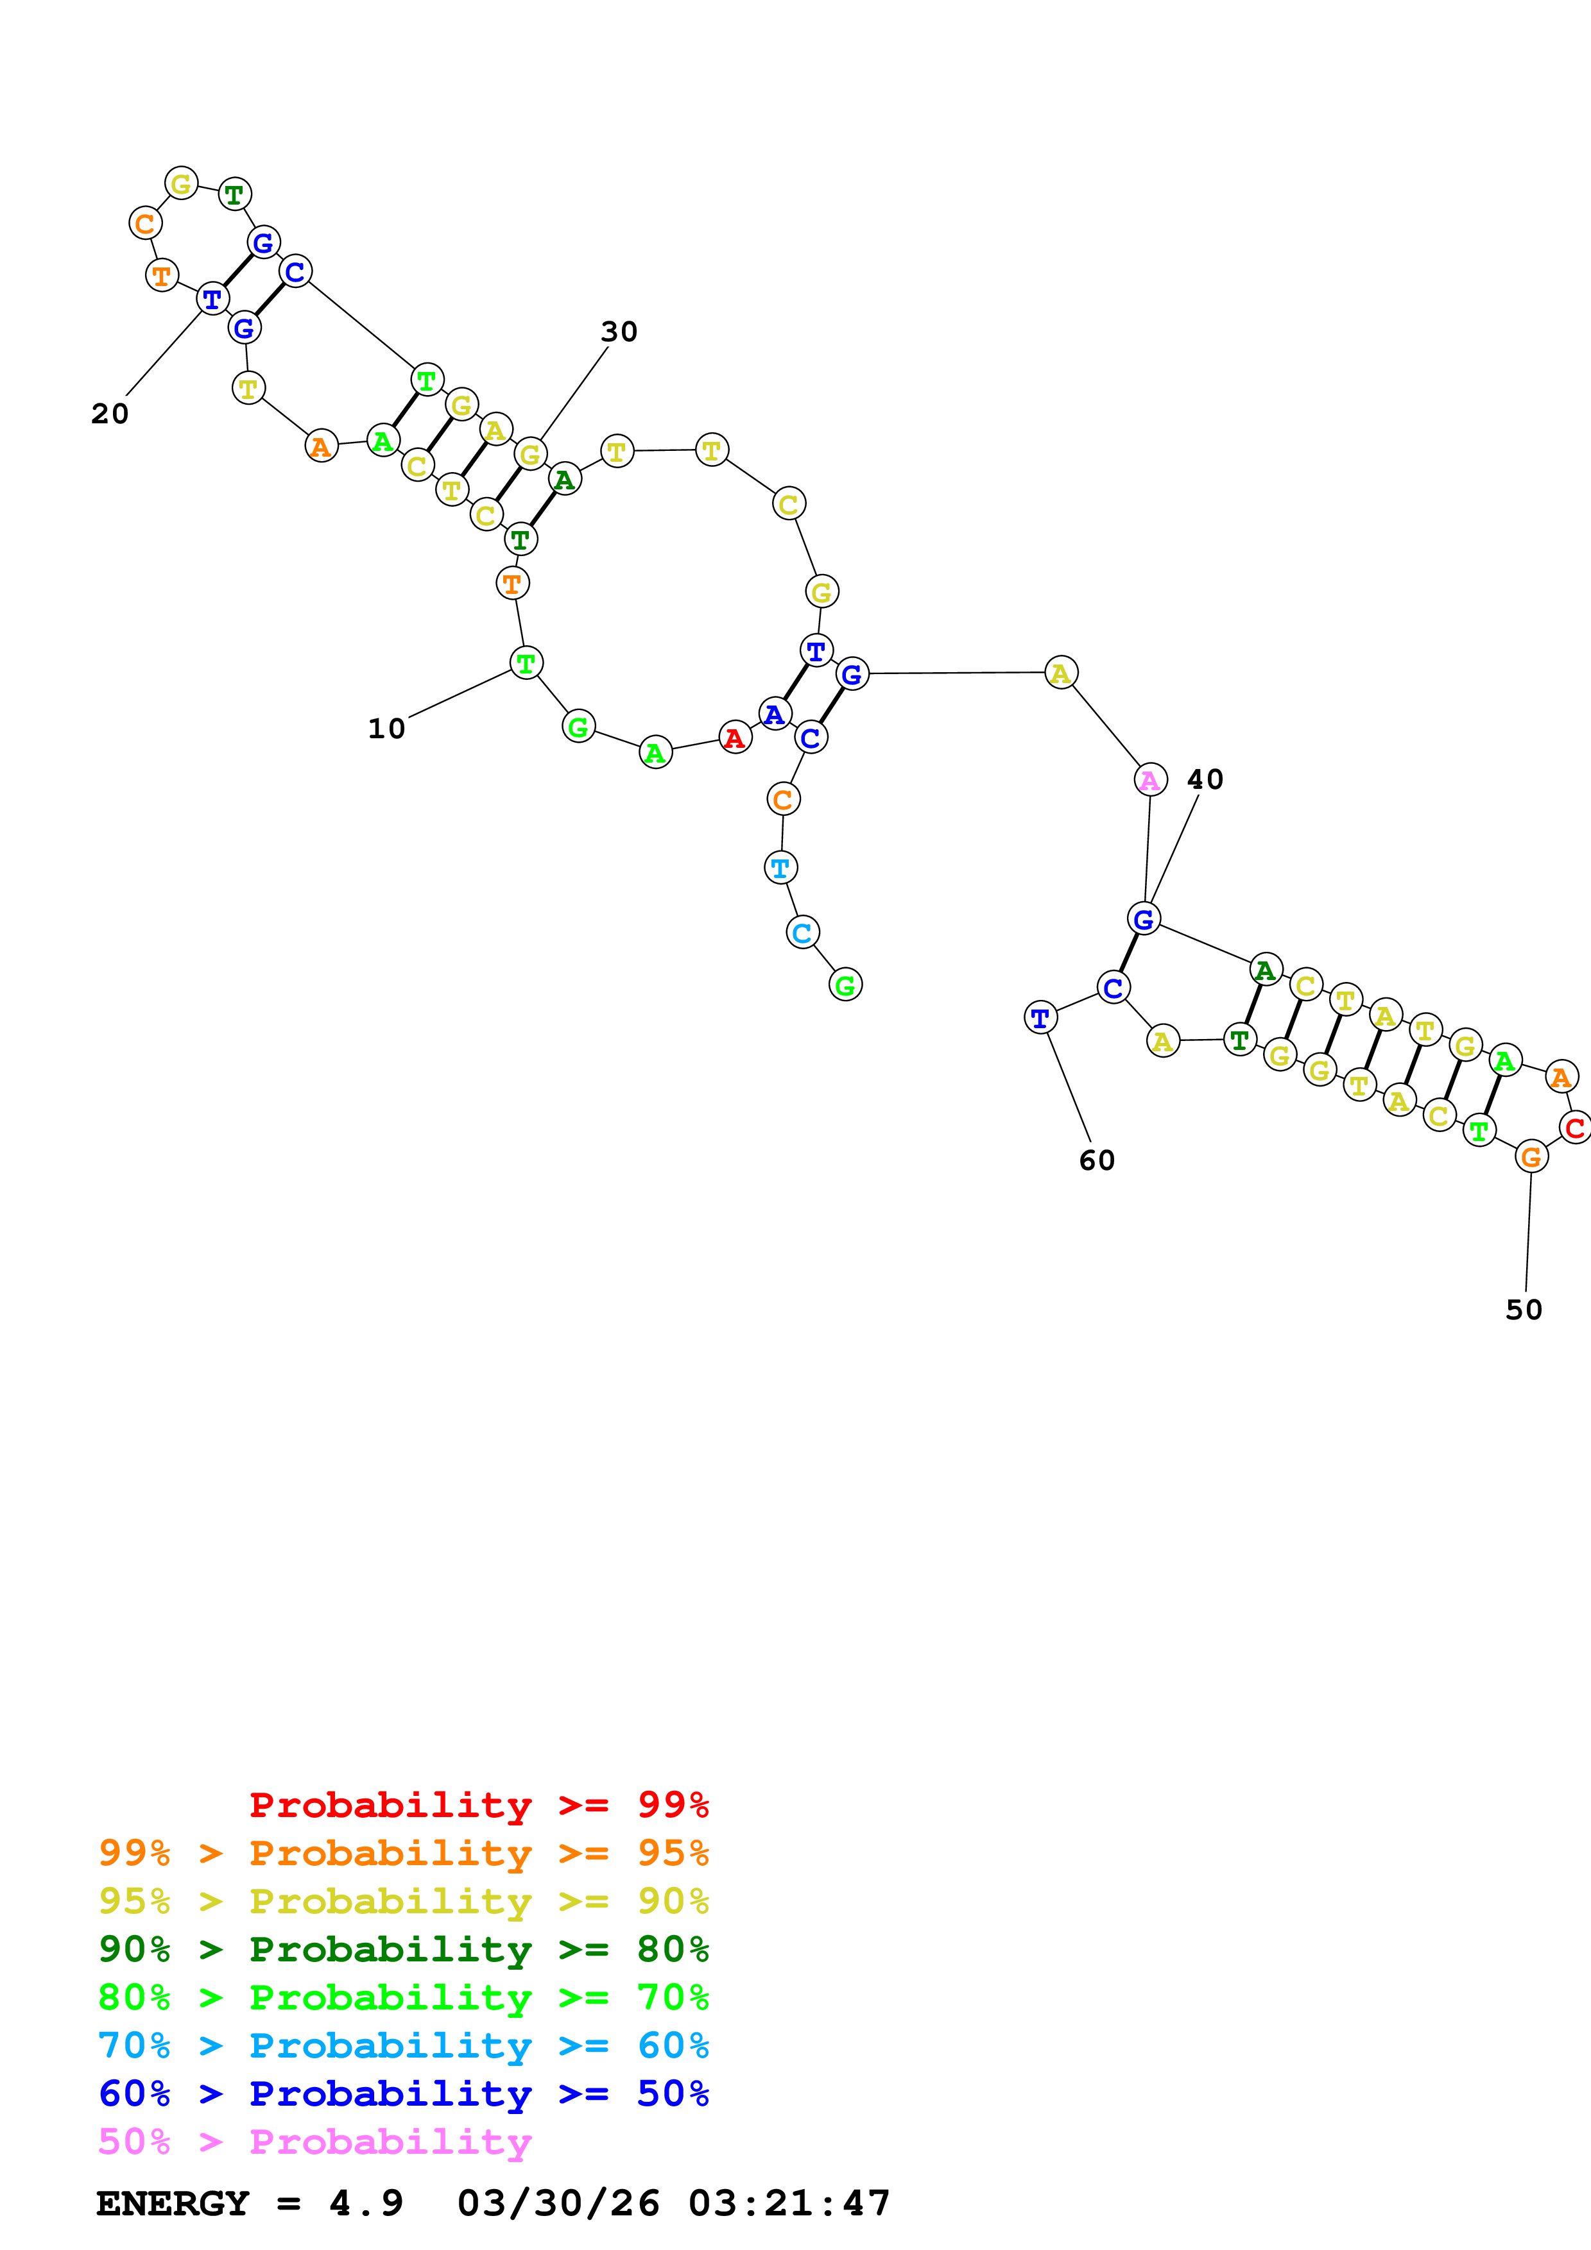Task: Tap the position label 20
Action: [110, 414]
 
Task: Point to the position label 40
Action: [1205, 780]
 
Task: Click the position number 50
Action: [1524, 1310]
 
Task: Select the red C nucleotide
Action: [1574, 1129]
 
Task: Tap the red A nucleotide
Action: [734, 738]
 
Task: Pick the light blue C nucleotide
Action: [802, 933]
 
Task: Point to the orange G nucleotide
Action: [1530, 1157]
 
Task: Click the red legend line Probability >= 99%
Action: [478, 1805]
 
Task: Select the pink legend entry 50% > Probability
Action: [314, 2142]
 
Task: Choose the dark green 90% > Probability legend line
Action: [403, 1950]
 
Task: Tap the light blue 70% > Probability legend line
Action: [403, 2046]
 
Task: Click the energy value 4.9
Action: [366, 2204]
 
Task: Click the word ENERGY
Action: [173, 2204]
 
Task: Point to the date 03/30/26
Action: [558, 2204]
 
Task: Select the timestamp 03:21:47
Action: [789, 2204]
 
